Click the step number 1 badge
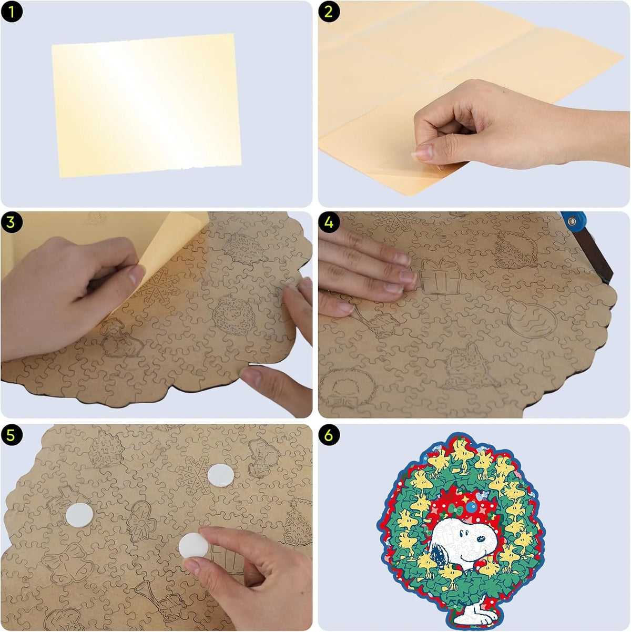[12, 12]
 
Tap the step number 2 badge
[329, 12]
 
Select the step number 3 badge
[12, 222]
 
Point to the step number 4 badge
[329, 222]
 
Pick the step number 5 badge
[12, 435]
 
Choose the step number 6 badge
[329, 435]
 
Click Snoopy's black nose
[482, 539]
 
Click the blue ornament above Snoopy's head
[472, 507]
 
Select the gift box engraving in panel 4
[441, 277]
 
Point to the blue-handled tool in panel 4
[587, 246]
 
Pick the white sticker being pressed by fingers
[194, 545]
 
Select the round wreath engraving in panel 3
[233, 314]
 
